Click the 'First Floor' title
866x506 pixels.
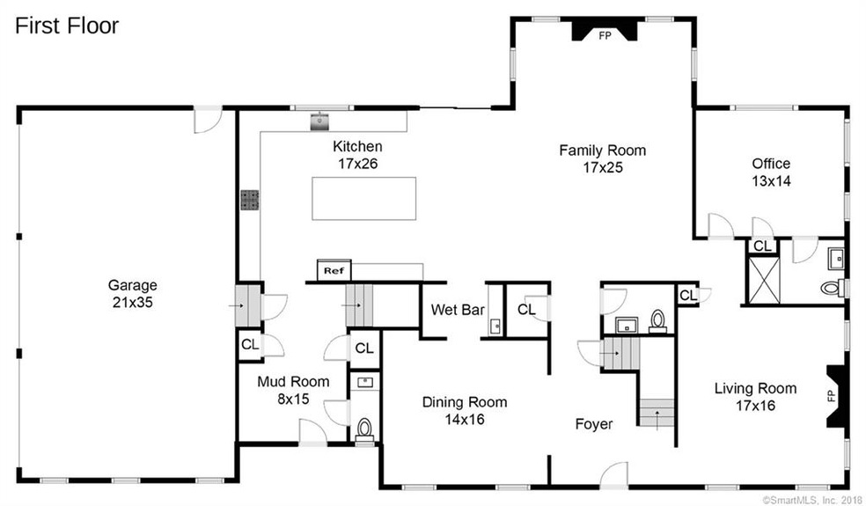coord(67,26)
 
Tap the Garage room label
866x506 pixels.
coord(133,285)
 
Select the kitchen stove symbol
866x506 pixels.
coord(249,200)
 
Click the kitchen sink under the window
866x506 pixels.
coord(318,121)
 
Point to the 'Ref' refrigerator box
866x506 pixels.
coord(333,270)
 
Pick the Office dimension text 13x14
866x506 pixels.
coord(770,181)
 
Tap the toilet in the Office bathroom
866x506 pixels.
coord(830,287)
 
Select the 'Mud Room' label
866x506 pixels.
coord(293,382)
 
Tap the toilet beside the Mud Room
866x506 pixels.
coord(363,429)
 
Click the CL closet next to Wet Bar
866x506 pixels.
coord(526,310)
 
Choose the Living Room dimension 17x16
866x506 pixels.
coord(755,405)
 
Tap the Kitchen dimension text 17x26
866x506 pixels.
coord(356,163)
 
